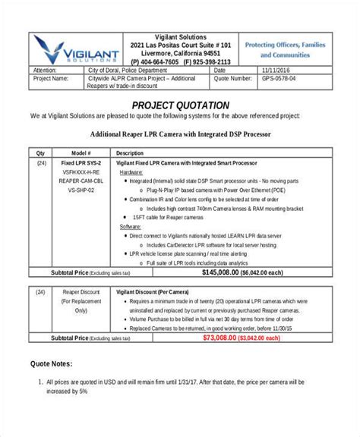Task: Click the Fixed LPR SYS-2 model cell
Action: tap(81, 163)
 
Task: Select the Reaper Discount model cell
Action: tap(81, 291)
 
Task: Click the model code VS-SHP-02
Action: tap(81, 190)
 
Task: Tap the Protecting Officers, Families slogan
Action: tap(285, 45)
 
